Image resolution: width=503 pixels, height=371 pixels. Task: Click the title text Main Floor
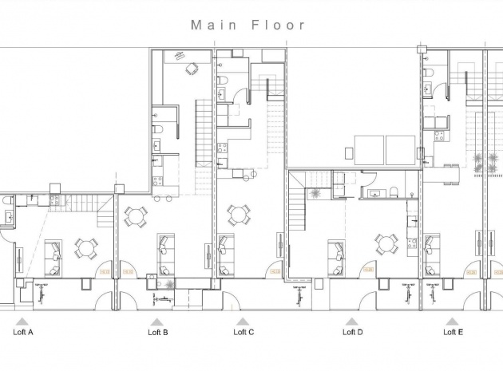point(248,25)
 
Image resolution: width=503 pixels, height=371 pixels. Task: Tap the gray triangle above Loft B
point(157,321)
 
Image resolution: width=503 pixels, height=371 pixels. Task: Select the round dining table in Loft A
point(85,249)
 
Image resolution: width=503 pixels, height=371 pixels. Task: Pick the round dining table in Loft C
point(237,215)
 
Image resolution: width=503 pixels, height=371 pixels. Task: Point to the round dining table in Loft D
point(387,243)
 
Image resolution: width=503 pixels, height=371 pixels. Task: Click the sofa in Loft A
point(54,251)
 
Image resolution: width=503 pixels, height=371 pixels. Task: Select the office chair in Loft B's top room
point(191,69)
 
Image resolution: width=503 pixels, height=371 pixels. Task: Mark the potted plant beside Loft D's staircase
point(317,193)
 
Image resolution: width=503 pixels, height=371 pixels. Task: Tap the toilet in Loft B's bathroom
point(160,130)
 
